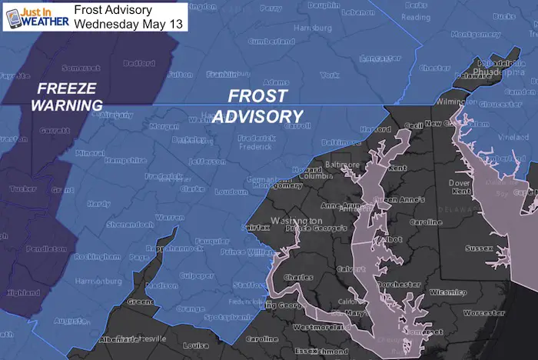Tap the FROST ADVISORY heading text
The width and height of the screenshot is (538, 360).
[257, 106]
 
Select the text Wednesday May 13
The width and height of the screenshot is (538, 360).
[121, 23]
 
